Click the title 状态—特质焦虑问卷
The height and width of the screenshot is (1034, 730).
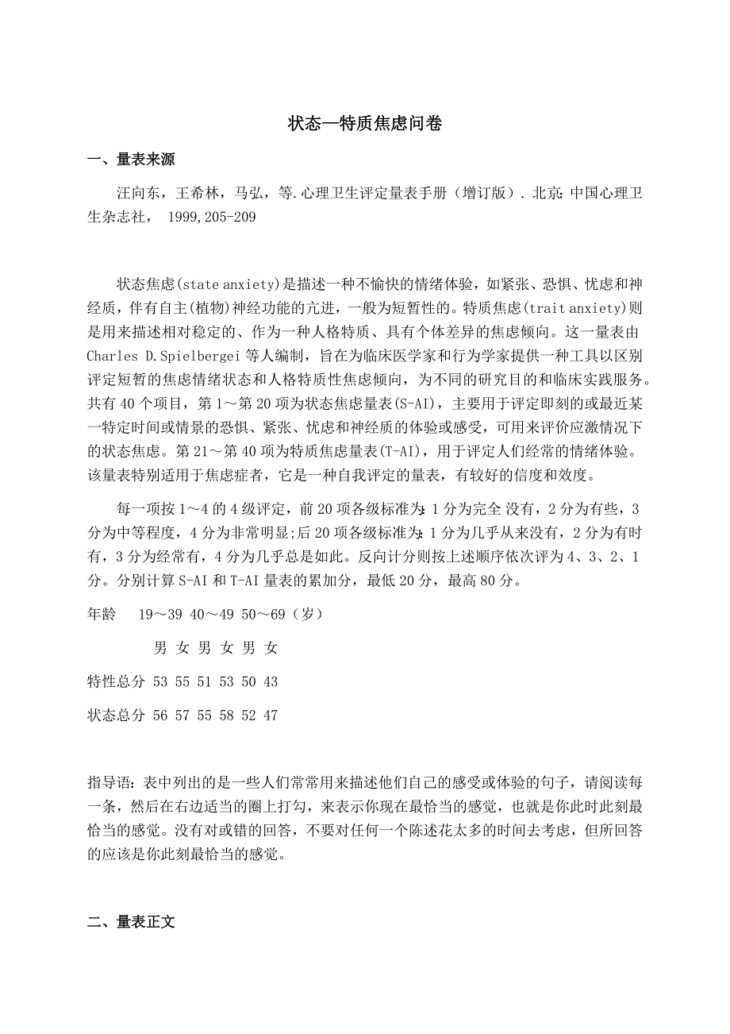(x=365, y=124)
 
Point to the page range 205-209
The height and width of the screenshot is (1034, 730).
(x=226, y=217)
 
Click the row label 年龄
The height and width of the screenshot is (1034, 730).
(x=102, y=615)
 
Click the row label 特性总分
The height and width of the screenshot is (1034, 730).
(x=117, y=682)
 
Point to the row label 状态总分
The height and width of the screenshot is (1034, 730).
(x=117, y=716)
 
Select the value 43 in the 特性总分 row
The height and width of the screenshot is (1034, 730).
(x=271, y=682)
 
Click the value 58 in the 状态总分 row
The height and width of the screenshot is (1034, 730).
(x=227, y=716)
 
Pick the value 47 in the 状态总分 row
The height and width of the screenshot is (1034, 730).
(x=271, y=716)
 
